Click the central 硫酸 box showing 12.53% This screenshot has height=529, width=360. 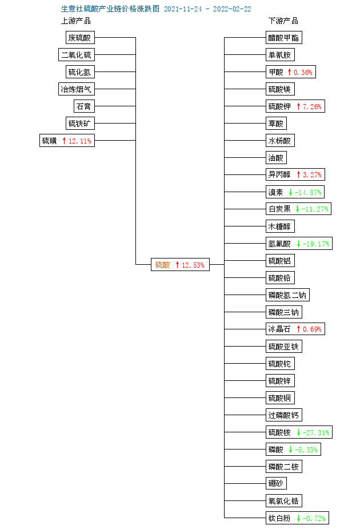180,264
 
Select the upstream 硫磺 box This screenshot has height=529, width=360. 67,141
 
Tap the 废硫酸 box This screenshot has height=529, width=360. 80,37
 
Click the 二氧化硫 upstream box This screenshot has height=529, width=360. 76,55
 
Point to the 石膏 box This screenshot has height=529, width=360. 84,106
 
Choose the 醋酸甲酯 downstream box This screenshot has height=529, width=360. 284,37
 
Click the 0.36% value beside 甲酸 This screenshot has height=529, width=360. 303,72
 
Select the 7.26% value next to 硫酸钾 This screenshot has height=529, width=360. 312,106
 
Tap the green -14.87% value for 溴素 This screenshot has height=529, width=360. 308,192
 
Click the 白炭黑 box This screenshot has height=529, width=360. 299,209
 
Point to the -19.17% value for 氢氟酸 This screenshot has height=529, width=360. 316,244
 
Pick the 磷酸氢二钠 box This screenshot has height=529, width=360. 287,295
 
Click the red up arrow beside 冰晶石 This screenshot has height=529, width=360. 298,329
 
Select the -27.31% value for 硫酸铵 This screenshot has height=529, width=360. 316,432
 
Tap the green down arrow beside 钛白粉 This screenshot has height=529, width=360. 298,518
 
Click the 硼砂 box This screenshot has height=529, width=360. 276,483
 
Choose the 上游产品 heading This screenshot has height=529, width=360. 76,21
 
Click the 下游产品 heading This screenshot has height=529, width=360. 283,21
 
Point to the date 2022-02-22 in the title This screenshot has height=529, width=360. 232,9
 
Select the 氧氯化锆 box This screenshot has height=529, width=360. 284,500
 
